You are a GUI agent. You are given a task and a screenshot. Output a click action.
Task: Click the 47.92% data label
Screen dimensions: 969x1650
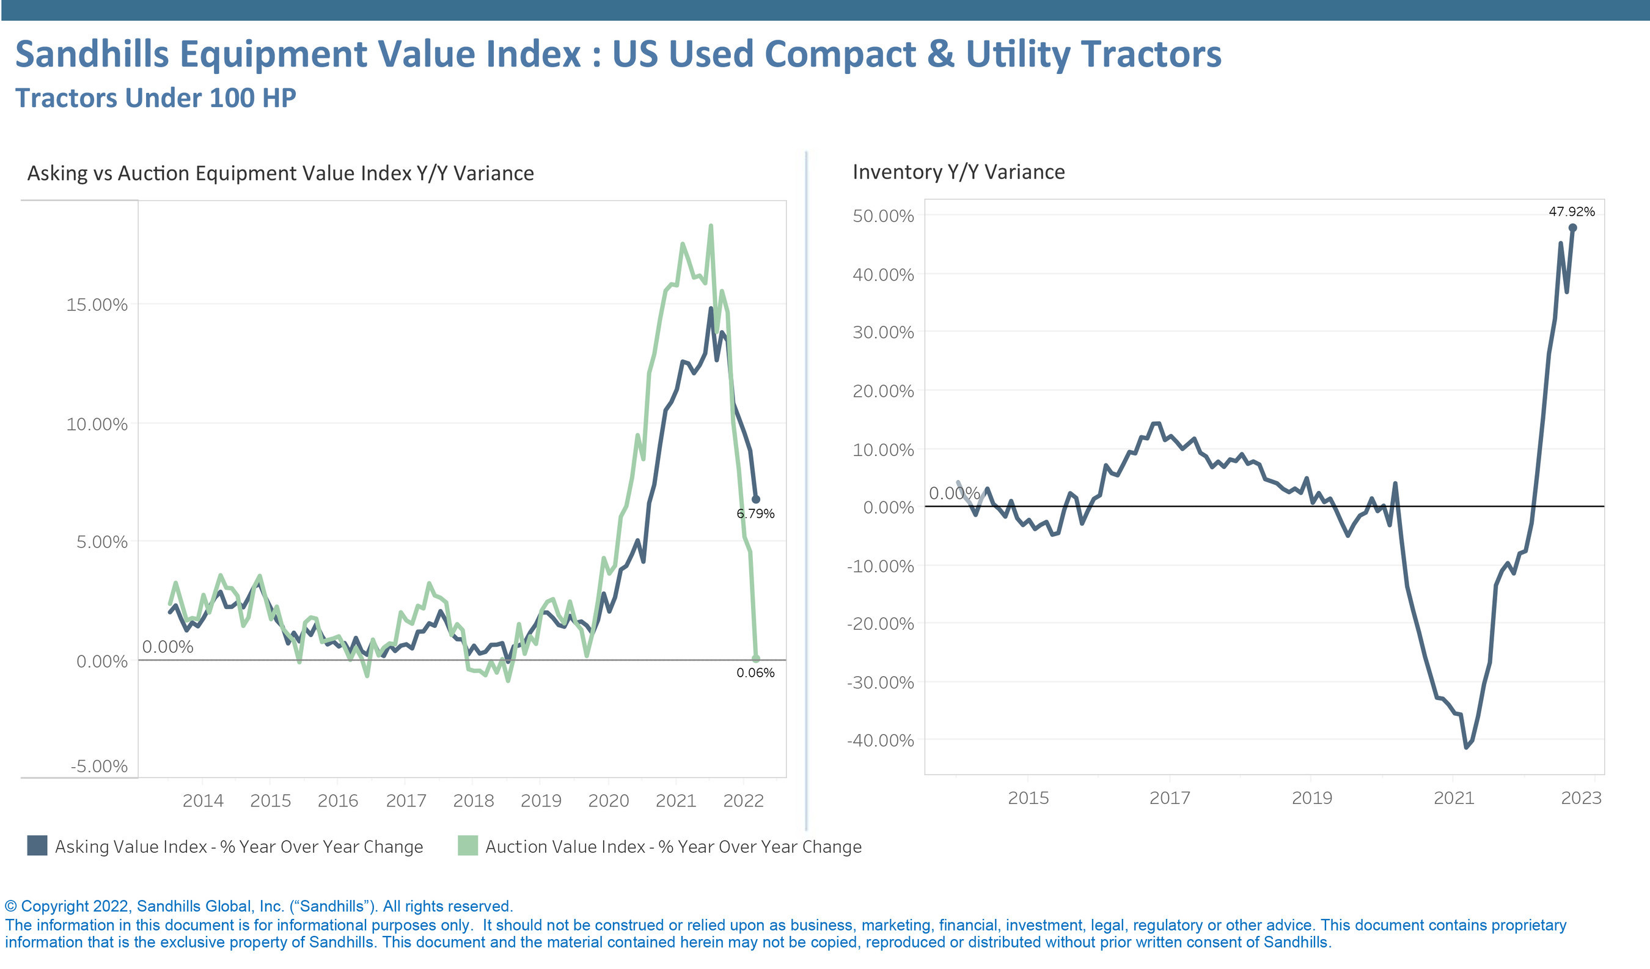(1571, 212)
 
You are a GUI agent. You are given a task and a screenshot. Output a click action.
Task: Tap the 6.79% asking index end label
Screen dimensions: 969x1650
(755, 514)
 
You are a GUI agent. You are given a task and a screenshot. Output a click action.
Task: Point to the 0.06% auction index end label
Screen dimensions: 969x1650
(755, 673)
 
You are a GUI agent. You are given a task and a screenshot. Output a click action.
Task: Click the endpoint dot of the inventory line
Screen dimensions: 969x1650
(1573, 228)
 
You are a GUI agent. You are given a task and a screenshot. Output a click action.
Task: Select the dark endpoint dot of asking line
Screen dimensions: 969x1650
(755, 499)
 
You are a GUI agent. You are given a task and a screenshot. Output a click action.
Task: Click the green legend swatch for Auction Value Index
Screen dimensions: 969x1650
(468, 846)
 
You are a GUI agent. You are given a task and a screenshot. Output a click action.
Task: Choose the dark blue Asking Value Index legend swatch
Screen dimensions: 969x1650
(37, 846)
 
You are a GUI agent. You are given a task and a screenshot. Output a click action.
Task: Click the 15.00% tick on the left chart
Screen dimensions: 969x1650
(97, 304)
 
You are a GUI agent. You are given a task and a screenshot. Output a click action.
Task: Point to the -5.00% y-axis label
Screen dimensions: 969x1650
(99, 766)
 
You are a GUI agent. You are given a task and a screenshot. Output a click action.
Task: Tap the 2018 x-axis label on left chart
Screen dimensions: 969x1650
(474, 801)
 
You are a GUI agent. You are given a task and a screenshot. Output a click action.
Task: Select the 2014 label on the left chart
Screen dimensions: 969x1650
(203, 801)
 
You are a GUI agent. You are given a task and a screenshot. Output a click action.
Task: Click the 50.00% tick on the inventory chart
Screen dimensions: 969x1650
(882, 216)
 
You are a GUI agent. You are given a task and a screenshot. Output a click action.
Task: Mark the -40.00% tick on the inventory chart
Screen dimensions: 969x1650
(880, 740)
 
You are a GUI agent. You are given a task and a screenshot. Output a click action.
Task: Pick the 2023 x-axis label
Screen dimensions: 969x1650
(1580, 798)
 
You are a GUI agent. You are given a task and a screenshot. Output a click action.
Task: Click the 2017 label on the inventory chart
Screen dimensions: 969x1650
(1170, 798)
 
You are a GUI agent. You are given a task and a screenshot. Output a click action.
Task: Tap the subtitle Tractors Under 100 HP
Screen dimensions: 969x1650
(156, 98)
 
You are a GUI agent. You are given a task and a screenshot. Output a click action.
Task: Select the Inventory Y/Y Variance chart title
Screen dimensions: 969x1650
(959, 172)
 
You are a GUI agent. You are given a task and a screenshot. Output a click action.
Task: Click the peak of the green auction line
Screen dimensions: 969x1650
(710, 227)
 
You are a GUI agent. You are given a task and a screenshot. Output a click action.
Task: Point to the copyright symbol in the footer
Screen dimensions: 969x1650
(10, 906)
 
